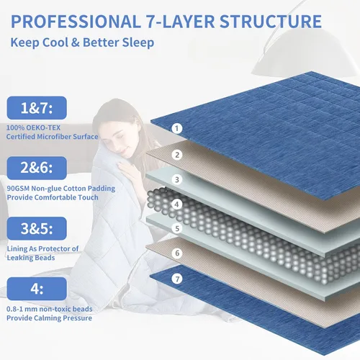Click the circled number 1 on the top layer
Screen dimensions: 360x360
[177, 128]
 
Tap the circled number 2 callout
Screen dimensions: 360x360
[177, 155]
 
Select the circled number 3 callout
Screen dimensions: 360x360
[177, 179]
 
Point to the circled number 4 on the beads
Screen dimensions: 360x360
[177, 204]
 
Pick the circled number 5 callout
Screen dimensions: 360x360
[177, 228]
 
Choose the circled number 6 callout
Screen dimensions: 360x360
[177, 253]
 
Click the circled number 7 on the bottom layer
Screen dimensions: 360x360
[177, 279]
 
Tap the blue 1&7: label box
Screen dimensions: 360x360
[37, 108]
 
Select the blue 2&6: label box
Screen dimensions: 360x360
[37, 168]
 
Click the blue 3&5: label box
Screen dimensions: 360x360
[37, 228]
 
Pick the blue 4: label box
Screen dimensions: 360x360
[37, 289]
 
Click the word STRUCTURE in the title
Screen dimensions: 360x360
[271, 22]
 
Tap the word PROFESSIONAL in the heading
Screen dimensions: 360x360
[76, 22]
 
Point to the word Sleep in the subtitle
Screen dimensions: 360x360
[138, 42]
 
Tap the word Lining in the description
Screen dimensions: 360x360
[17, 249]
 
